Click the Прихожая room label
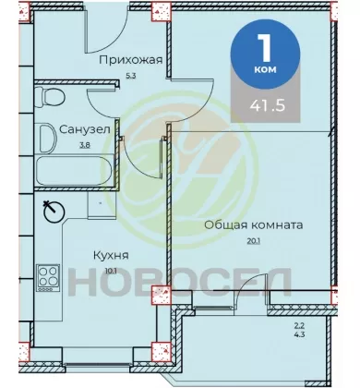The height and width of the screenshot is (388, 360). [x=130, y=60]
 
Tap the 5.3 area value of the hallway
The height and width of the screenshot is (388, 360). [x=131, y=76]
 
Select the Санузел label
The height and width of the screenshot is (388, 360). [x=85, y=129]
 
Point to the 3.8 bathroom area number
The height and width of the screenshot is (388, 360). [x=85, y=145]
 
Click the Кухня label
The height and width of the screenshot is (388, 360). [x=111, y=255]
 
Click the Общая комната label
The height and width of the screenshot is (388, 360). [x=254, y=225]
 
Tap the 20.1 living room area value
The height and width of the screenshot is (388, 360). [x=254, y=241]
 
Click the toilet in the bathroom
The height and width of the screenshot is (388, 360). [x=50, y=97]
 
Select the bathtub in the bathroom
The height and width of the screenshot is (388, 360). [x=75, y=171]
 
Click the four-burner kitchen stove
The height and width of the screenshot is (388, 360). [x=48, y=278]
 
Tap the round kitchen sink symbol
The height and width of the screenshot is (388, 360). [x=54, y=212]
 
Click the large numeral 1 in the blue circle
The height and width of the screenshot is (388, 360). [x=264, y=47]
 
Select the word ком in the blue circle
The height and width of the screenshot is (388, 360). [x=265, y=69]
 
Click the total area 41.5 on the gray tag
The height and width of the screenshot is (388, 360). [x=268, y=105]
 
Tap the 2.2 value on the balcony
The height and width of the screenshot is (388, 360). [x=296, y=325]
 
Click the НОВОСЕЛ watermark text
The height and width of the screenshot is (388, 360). [x=180, y=281]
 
